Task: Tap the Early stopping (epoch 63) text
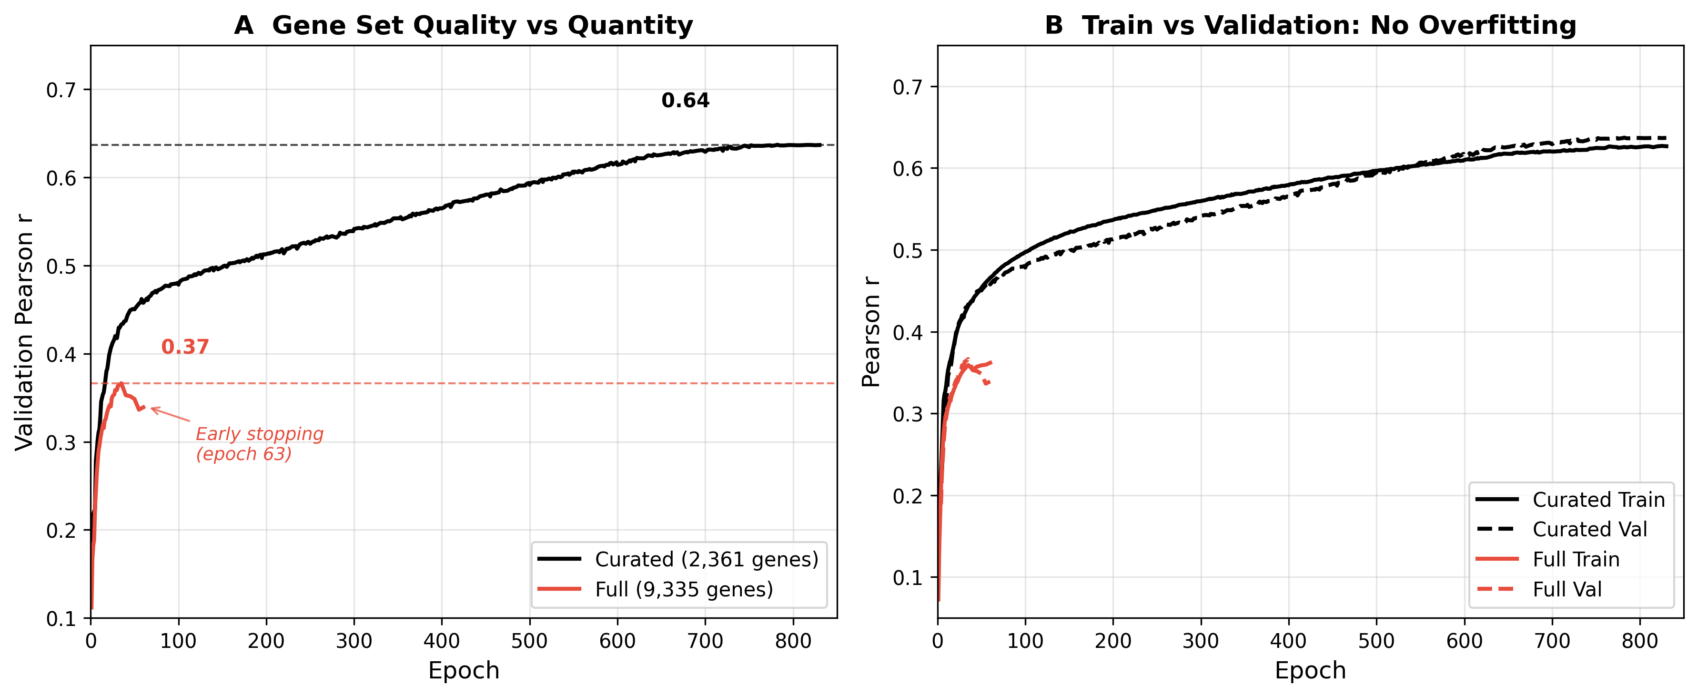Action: point(259,444)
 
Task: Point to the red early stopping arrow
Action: point(170,415)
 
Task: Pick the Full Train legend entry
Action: point(1576,559)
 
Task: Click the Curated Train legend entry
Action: point(1598,500)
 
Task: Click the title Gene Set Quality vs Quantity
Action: point(464,25)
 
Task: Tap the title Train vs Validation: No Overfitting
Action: point(1310,25)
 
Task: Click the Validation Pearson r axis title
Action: point(24,332)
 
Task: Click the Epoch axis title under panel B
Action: point(1310,671)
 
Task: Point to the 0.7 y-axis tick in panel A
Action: point(60,90)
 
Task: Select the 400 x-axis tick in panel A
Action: point(442,641)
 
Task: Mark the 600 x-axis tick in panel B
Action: point(1464,641)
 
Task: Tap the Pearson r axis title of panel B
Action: point(871,332)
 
